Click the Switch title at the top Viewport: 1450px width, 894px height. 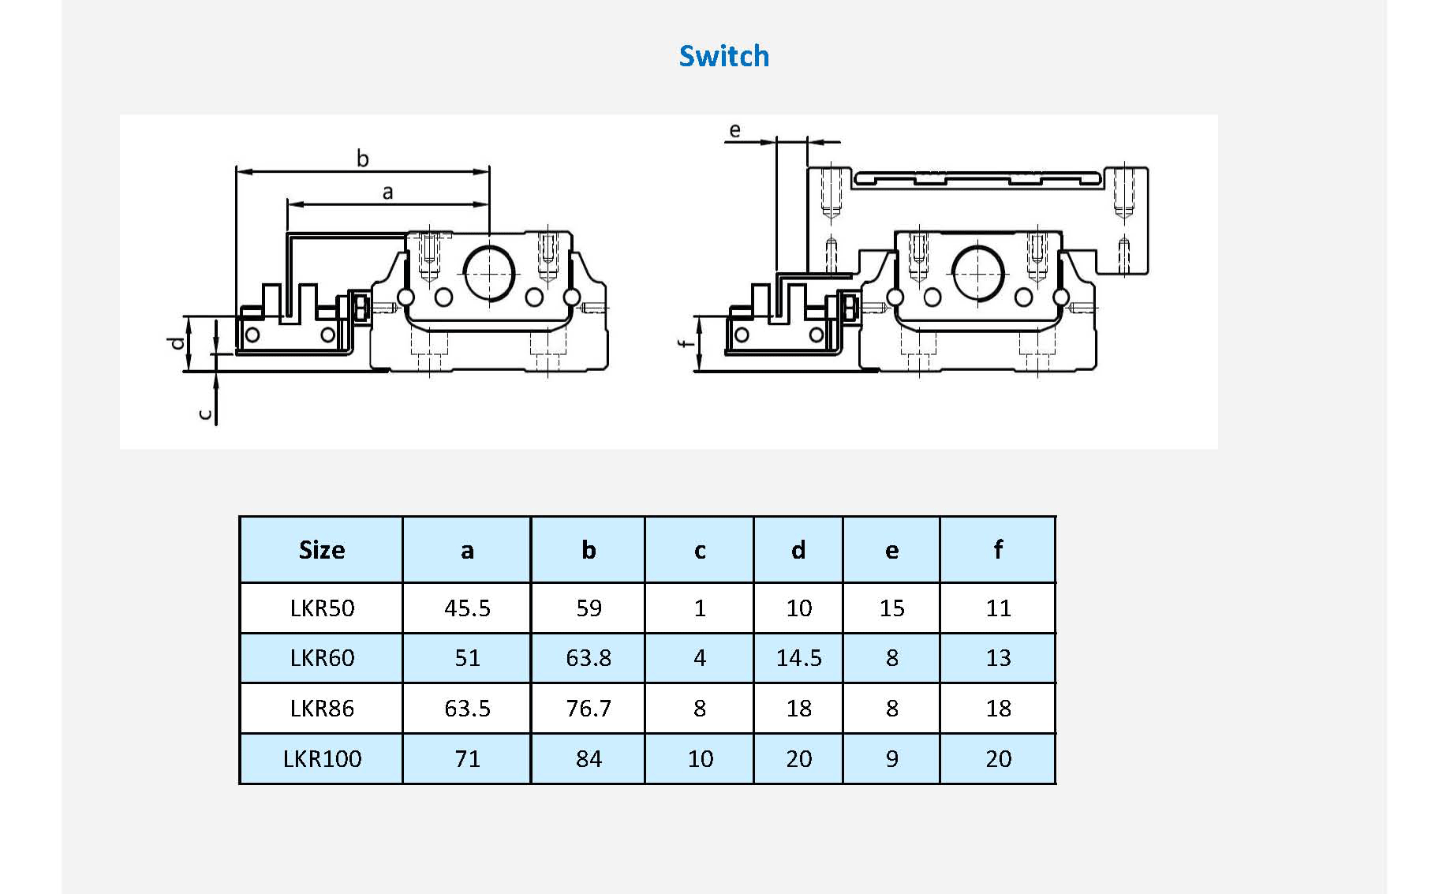pyautogui.click(x=723, y=56)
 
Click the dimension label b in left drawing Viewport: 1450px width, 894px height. pyautogui.click(x=363, y=159)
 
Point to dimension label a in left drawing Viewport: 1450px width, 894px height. pyautogui.click(x=387, y=192)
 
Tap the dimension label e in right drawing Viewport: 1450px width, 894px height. pyautogui.click(x=734, y=130)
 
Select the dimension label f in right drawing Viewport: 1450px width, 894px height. pyautogui.click(x=686, y=342)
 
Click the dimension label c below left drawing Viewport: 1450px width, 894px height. pyautogui.click(x=205, y=414)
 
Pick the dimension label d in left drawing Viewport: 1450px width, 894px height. pyautogui.click(x=178, y=342)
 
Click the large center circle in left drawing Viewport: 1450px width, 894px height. pyautogui.click(x=490, y=273)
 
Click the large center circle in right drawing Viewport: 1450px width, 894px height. pyautogui.click(x=978, y=273)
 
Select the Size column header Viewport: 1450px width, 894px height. pyautogui.click(x=322, y=550)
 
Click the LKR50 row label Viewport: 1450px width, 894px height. pyautogui.click(x=322, y=608)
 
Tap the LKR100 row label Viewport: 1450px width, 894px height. pyautogui.click(x=322, y=759)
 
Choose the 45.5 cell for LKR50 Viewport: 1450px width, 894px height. pyautogui.click(x=467, y=608)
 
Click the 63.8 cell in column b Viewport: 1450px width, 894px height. pyautogui.click(x=589, y=658)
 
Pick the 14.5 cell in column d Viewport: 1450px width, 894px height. pyautogui.click(x=798, y=658)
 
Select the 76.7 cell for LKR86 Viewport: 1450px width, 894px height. pyautogui.click(x=589, y=709)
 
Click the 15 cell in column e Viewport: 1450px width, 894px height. pyautogui.click(x=891, y=608)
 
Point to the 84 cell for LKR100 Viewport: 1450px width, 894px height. pyautogui.click(x=589, y=759)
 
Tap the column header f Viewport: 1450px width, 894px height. pyautogui.click(x=998, y=550)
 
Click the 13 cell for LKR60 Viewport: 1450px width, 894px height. pyautogui.click(x=998, y=658)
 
